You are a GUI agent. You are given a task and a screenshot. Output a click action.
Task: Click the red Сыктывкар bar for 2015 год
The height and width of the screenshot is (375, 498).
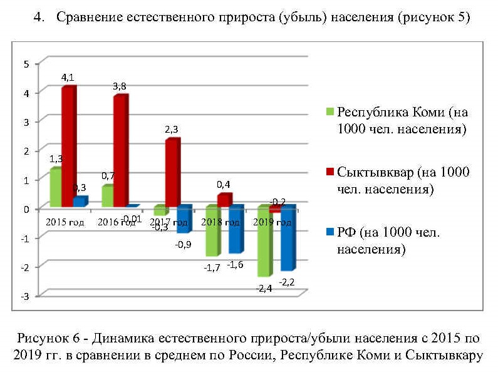68,147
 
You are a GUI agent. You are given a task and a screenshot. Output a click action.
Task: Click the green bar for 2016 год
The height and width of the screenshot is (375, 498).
107,196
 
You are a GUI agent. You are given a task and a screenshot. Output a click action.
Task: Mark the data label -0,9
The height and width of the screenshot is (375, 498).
183,244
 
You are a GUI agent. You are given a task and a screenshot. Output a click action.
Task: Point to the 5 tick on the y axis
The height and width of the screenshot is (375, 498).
26,64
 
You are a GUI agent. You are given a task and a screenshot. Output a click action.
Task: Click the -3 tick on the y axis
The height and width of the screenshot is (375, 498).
25,295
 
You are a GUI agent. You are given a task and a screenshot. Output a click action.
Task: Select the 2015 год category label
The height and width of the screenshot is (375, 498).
65,222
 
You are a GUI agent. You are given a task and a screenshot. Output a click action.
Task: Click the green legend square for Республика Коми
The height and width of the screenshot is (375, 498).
330,112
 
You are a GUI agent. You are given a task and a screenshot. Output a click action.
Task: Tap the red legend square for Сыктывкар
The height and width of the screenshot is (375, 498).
330,172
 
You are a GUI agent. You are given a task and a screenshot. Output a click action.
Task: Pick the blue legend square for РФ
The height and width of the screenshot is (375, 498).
330,232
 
